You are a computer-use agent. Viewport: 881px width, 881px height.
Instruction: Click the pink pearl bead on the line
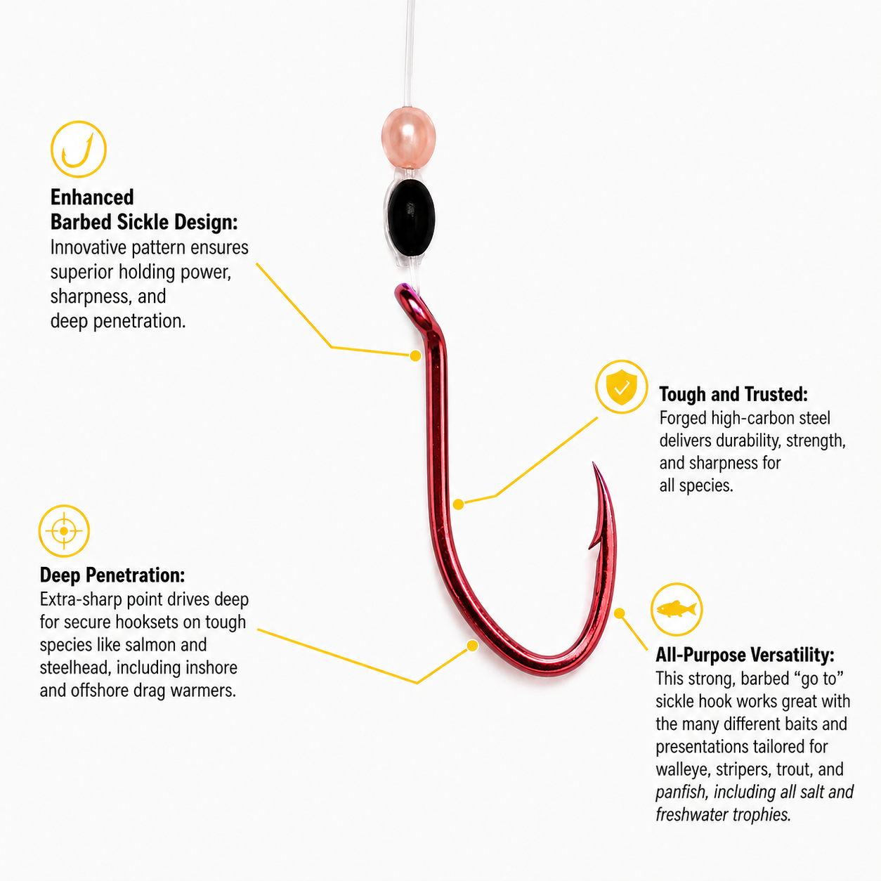coord(408,138)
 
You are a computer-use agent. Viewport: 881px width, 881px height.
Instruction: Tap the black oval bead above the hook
coord(410,218)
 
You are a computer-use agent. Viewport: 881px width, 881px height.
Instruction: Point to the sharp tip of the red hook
coord(594,463)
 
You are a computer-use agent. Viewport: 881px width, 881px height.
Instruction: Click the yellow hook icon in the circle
coord(79,149)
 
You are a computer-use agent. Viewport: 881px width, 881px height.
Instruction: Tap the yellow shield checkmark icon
coord(621,387)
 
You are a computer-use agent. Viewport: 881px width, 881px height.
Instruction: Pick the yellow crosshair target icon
coord(64,531)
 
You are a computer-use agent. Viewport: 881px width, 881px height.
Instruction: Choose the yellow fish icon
coord(676,609)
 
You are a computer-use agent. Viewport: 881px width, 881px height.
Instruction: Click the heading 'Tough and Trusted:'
coord(733,394)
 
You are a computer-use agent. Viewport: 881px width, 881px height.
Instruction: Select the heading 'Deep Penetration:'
coord(112,575)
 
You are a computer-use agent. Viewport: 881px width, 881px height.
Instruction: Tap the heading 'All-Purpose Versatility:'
coord(745,655)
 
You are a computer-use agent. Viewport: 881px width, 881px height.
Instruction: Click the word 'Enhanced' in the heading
coord(92,197)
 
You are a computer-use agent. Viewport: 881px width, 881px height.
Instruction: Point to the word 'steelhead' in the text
coord(75,668)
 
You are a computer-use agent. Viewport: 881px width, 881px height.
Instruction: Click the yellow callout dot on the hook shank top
coord(415,355)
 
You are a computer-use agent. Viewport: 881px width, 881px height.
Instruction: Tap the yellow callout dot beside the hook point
coord(620,613)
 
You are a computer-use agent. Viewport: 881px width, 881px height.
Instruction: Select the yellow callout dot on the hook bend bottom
coord(472,646)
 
